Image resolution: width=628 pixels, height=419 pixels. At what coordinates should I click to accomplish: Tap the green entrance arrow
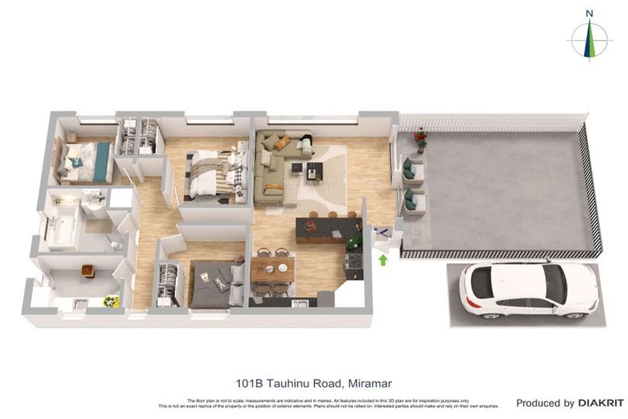pos(382,260)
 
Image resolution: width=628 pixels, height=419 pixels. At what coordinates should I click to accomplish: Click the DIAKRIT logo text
pos(601,403)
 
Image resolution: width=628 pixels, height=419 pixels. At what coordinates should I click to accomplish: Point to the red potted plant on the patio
pos(420,139)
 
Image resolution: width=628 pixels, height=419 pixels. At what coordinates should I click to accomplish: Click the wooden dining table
pos(272,269)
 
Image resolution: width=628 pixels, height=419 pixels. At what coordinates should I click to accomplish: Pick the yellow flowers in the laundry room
pos(110,301)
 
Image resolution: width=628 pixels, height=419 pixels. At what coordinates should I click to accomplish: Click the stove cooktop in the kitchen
pos(354,263)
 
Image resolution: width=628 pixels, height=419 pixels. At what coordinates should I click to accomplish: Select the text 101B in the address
pos(250,382)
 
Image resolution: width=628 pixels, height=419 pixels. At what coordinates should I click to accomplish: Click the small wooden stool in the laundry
pos(87,271)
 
